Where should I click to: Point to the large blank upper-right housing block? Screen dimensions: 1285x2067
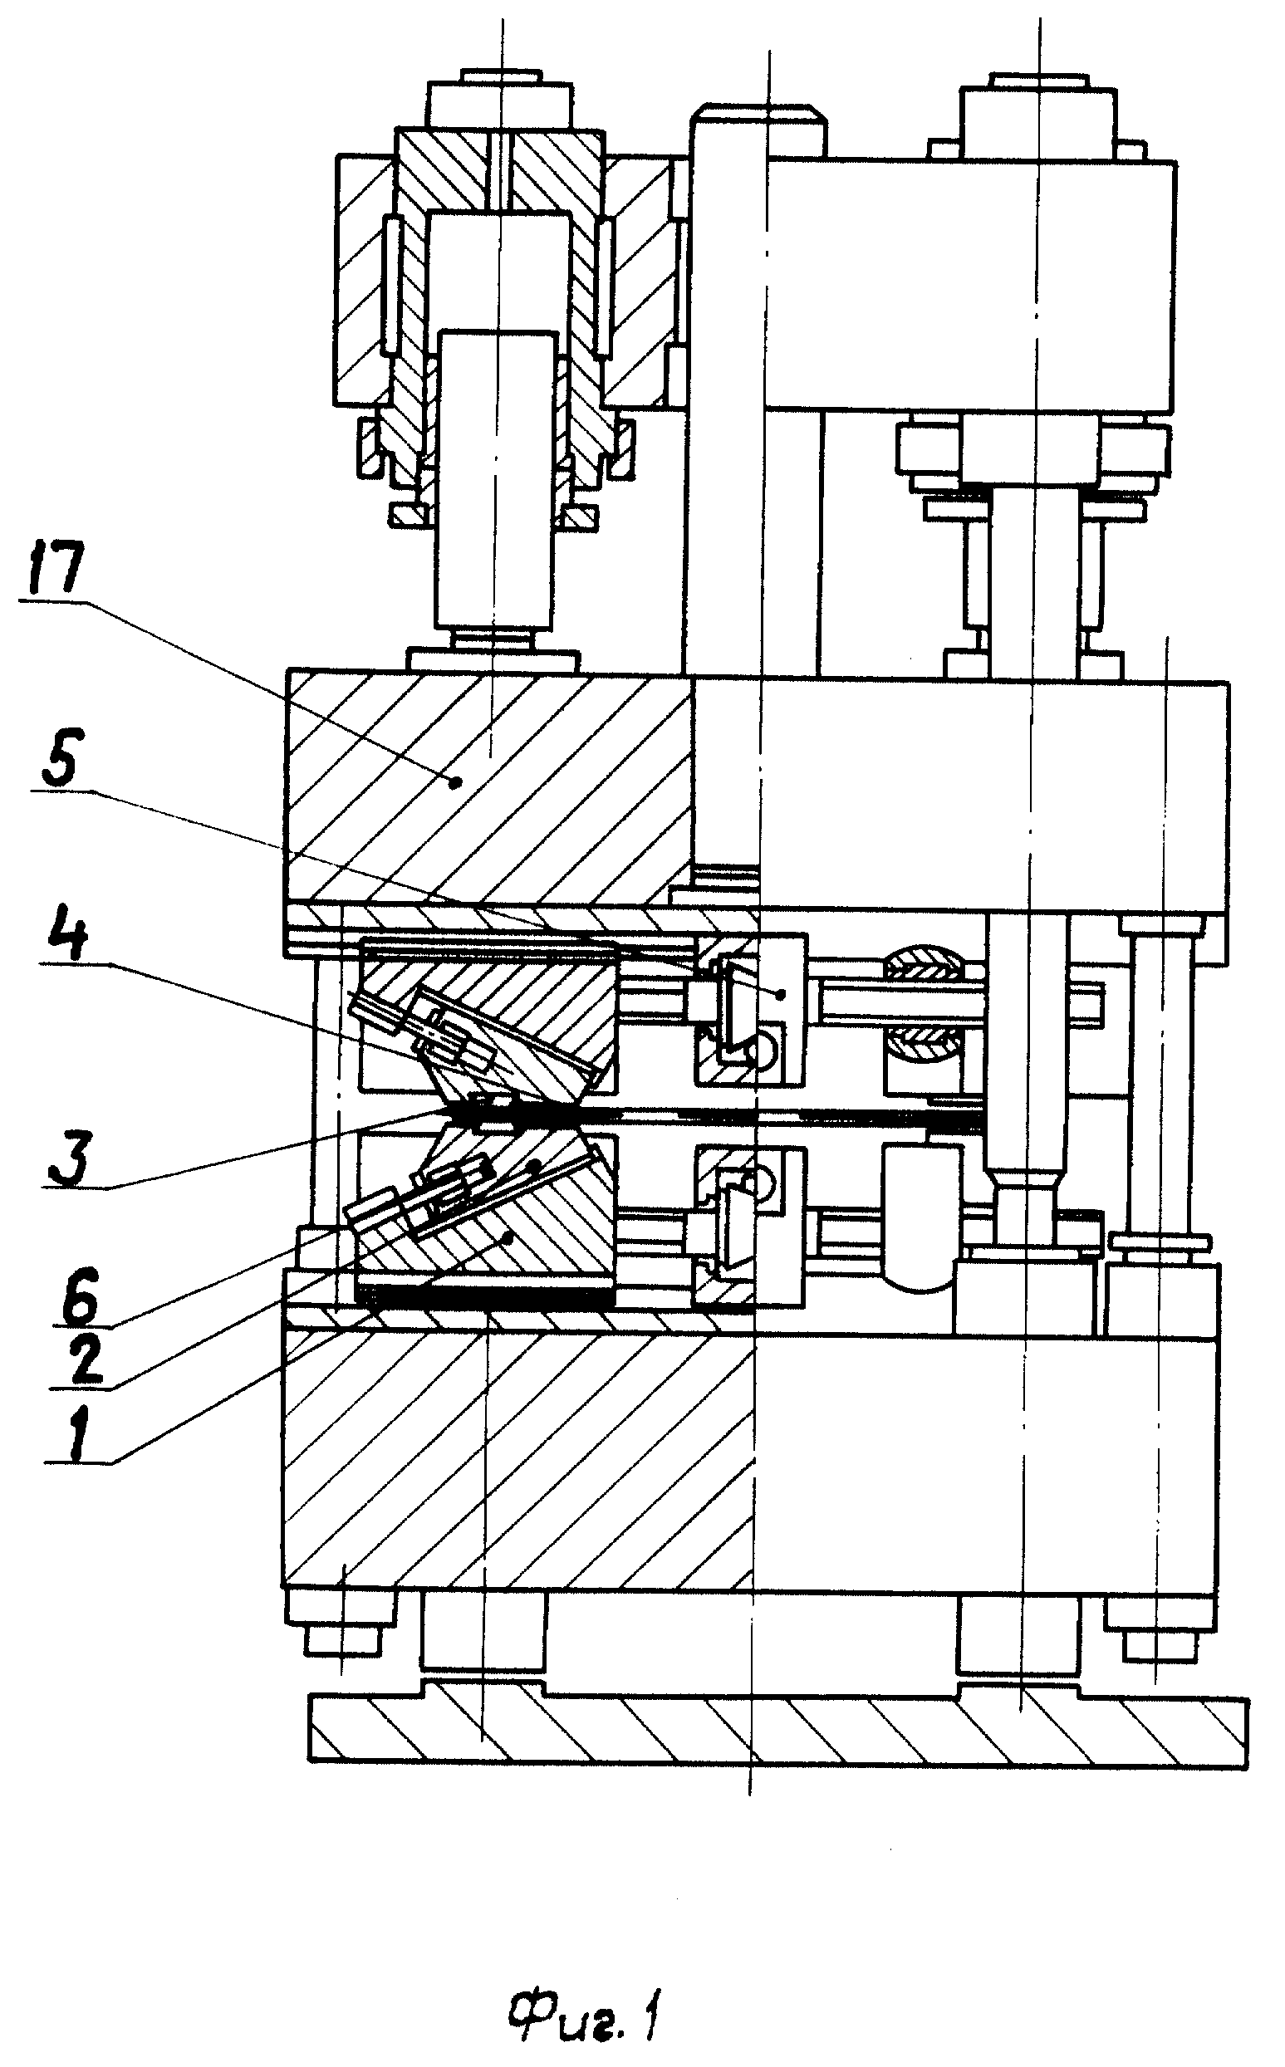pos(970,285)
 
